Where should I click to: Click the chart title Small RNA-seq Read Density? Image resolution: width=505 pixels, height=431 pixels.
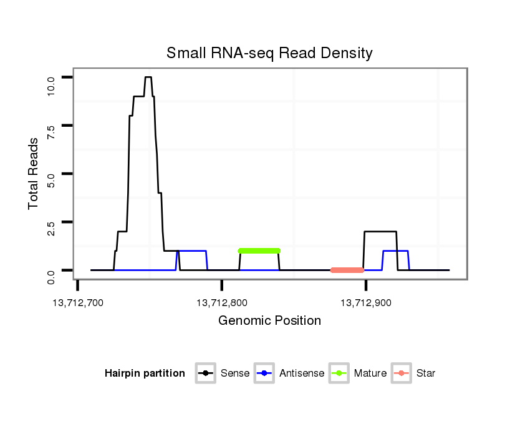pos(269,53)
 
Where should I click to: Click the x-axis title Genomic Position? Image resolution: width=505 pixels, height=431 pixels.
pos(269,321)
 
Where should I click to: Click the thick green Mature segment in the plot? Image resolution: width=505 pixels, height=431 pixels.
pos(259,250)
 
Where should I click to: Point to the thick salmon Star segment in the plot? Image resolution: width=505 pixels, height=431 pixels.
pos(347,270)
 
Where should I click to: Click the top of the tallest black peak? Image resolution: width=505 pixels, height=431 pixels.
pos(148,77)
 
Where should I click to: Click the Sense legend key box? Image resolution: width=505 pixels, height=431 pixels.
pos(206,374)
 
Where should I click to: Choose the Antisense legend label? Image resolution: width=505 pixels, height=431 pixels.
pos(302,374)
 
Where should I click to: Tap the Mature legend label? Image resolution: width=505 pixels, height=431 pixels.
pos(370,374)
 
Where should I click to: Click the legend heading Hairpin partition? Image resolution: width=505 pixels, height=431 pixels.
pos(145,374)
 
